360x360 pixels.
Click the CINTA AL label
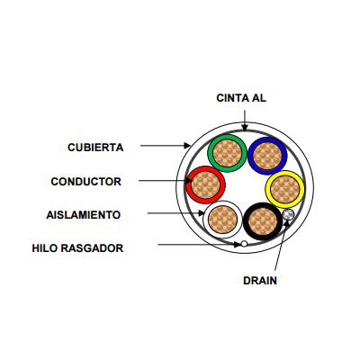(241, 98)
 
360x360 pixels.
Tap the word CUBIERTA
(95, 148)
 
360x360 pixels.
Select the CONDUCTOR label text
(86, 182)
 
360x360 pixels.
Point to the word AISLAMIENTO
(84, 215)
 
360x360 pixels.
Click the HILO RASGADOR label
(77, 248)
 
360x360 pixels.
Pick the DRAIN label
(260, 281)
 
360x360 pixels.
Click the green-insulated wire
(227, 153)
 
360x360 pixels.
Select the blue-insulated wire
(267, 156)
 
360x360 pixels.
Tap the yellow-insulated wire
(284, 190)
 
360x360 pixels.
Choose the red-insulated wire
(205, 184)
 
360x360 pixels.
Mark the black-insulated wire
(263, 221)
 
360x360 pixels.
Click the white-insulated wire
(222, 220)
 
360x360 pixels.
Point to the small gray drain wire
(288, 214)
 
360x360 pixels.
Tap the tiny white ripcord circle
(244, 244)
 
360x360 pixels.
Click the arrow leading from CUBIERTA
(166, 146)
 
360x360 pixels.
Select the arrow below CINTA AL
(245, 121)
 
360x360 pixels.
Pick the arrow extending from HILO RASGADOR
(199, 245)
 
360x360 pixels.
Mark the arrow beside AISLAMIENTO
(176, 213)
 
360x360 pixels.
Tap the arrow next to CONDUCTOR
(166, 181)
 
